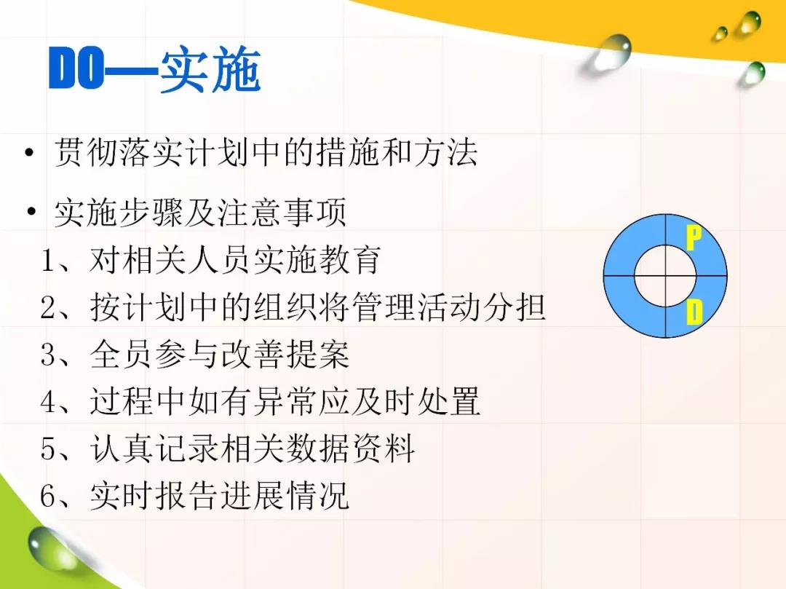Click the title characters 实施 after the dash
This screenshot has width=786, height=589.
coord(210,69)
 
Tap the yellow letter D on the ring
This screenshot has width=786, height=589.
coord(694,312)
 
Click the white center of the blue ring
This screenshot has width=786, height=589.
coord(665,276)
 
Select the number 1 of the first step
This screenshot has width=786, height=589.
coord(49,261)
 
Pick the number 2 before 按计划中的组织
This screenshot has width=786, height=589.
coord(49,307)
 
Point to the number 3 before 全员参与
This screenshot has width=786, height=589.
coord(49,355)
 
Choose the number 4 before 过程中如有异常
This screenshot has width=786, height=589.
coord(49,401)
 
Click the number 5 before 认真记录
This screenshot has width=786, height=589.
coord(49,448)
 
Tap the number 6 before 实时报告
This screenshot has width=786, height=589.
coord(49,495)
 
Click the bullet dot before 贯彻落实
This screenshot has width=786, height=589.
coord(30,153)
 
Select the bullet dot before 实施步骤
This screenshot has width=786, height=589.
coord(31,212)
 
